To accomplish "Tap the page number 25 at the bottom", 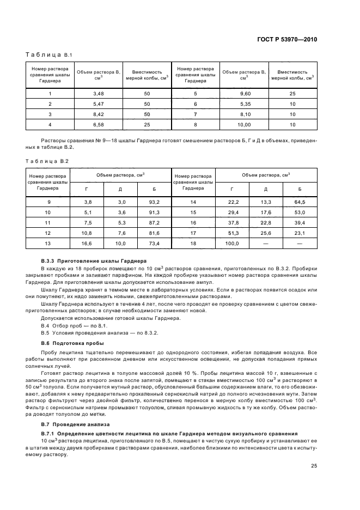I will (x=314, y=465).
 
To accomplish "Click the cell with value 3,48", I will (x=99, y=94).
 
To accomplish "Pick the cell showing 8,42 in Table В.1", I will (x=99, y=114).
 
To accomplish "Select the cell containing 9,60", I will (x=245, y=94).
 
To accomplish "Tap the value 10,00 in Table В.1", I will (x=245, y=125).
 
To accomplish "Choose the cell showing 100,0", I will (x=232, y=243).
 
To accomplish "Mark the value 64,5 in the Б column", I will (x=300, y=202).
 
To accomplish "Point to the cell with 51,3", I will (x=232, y=233).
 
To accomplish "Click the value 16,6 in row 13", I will (x=88, y=243).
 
